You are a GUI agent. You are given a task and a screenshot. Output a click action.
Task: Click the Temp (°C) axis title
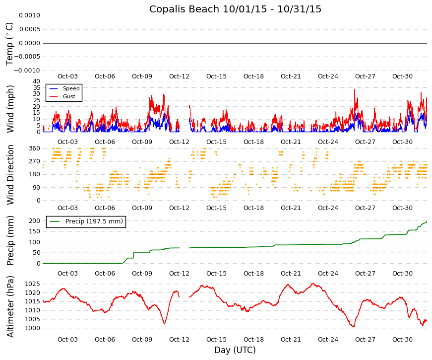9,44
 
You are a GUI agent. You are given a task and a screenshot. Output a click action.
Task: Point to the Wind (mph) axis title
10,109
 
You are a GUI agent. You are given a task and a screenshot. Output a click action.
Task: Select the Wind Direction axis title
10,175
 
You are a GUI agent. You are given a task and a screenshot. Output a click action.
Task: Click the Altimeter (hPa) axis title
10,306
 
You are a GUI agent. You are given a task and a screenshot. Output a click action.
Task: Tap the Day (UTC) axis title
235,350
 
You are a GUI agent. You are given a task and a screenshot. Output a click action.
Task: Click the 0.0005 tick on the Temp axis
29,29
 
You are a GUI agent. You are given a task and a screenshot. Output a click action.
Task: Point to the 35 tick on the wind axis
37,88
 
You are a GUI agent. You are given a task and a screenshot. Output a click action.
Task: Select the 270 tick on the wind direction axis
35,161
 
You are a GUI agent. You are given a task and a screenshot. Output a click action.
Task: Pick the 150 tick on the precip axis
35,231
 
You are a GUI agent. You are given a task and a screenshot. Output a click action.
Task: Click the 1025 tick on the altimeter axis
33,284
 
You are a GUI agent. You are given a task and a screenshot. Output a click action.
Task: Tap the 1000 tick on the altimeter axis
33,328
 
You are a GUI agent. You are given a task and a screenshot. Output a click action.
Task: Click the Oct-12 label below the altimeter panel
179,340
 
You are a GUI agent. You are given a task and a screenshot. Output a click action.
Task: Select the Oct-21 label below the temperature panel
291,76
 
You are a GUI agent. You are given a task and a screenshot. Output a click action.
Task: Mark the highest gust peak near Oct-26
355,89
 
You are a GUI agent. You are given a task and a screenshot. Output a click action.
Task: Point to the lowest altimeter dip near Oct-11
165,324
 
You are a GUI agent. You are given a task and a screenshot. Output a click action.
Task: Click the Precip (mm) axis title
10,240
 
